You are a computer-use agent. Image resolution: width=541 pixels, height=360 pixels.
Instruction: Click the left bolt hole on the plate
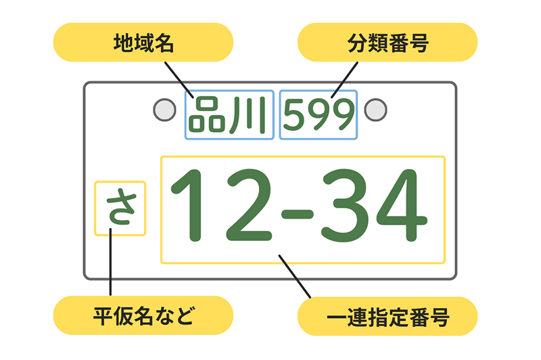point(164,110)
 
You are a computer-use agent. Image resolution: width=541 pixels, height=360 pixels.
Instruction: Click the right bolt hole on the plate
point(375,110)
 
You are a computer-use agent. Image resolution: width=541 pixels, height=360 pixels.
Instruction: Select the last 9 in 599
point(342,115)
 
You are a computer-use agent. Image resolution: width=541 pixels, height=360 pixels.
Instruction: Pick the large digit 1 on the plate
point(191,206)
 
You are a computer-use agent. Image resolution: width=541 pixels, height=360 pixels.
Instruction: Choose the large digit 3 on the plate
point(346,206)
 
